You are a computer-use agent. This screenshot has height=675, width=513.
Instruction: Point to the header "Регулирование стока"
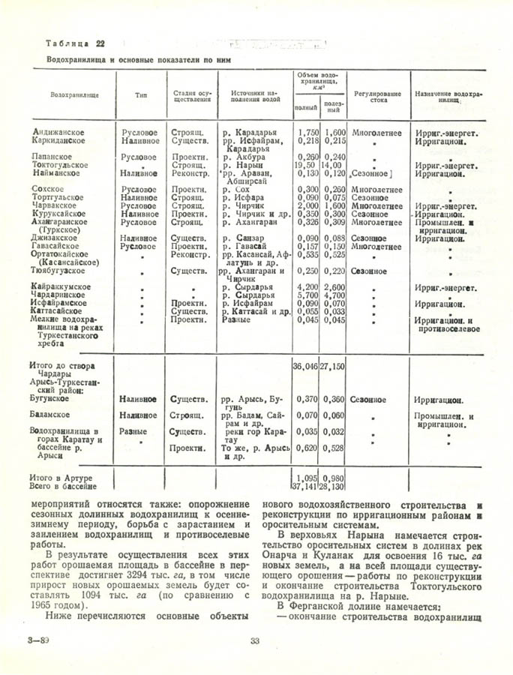coord(376,96)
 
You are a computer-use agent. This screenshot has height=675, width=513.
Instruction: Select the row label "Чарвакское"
coord(60,205)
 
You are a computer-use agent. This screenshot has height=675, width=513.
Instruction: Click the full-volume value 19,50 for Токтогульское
coord(304,165)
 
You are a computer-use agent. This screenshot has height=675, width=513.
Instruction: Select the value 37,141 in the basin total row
coord(304,486)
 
